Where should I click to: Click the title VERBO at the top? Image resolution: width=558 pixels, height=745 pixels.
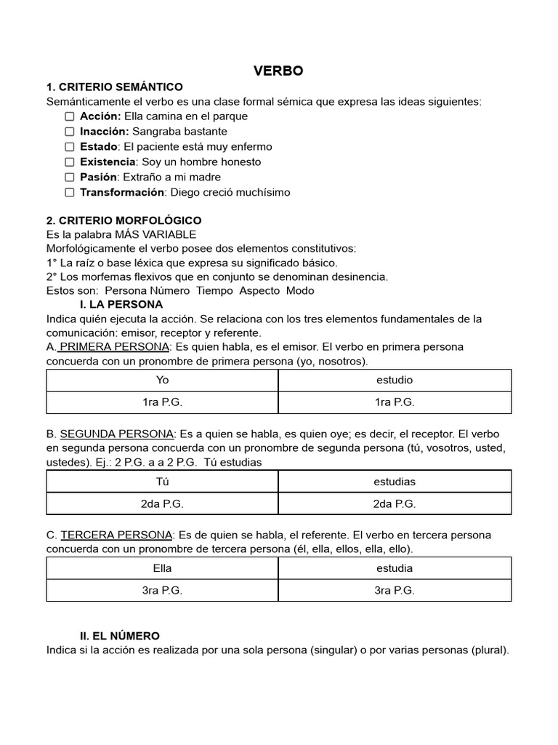(278, 71)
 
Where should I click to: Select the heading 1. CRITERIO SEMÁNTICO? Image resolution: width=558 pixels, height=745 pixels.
(115, 87)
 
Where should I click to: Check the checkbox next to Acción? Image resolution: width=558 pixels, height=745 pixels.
(69, 116)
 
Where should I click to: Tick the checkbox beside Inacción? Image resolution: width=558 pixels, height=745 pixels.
(69, 132)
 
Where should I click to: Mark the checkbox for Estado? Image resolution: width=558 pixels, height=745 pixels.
(69, 147)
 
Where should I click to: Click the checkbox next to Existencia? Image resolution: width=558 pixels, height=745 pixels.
(69, 162)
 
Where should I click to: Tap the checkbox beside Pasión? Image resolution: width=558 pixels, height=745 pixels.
(69, 178)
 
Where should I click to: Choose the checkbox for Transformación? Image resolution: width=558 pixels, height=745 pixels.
(69, 193)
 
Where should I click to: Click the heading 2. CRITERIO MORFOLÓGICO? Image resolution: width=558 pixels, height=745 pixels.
(124, 220)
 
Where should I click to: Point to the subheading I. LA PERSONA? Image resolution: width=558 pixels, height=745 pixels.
(121, 304)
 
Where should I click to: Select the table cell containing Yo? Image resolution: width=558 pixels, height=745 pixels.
(162, 380)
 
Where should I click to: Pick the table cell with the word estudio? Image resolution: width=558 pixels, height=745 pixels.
(395, 380)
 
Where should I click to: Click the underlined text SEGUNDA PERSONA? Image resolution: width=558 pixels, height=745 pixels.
(116, 434)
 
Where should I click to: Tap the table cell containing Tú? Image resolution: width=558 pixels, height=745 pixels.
(162, 482)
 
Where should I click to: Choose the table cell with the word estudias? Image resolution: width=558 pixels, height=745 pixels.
(395, 482)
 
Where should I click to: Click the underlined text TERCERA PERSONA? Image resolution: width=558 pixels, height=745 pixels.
(116, 535)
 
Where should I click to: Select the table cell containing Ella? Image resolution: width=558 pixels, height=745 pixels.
(162, 568)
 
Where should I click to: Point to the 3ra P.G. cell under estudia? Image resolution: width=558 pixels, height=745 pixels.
(395, 591)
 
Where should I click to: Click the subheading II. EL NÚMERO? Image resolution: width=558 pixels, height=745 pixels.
(120, 635)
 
